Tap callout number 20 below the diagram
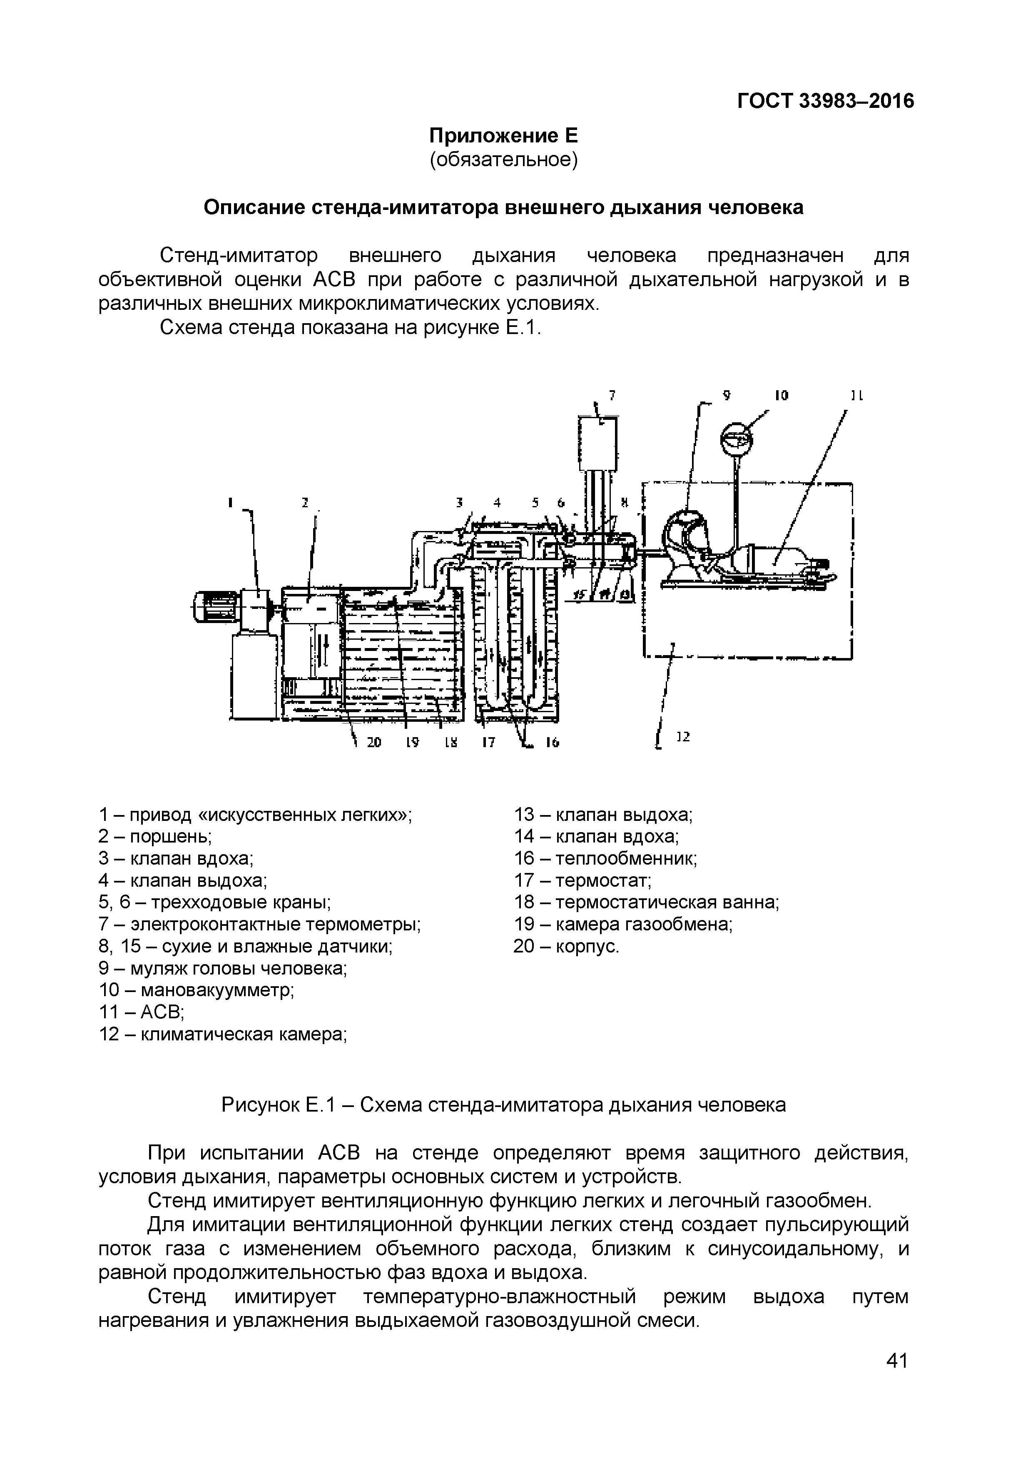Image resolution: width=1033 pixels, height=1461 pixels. pyautogui.click(x=374, y=742)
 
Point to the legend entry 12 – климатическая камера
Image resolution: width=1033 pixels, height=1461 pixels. pyautogui.click(x=223, y=1035)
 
